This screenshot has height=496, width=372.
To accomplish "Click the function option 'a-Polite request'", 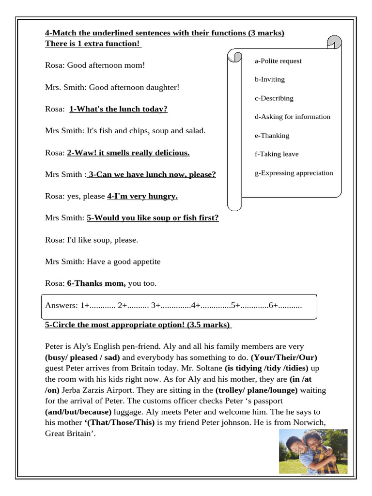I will click(x=278, y=61).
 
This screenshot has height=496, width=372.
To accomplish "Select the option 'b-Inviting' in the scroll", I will click(x=270, y=79).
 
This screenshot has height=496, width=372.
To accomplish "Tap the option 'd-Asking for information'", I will click(x=293, y=117).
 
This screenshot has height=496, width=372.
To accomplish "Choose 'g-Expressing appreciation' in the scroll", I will click(x=294, y=173).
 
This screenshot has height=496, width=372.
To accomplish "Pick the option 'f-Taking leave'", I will click(x=277, y=154).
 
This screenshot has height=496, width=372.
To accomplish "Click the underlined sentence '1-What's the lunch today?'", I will click(x=118, y=109).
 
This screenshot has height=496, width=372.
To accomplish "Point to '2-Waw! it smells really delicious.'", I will click(x=128, y=153).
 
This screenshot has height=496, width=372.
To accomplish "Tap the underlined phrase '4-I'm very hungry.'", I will click(x=142, y=196).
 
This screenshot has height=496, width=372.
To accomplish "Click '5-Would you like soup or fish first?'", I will click(x=153, y=218).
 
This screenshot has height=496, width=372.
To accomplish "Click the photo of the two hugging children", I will click(x=313, y=451).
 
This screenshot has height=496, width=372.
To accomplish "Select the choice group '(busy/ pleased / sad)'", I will click(x=82, y=357).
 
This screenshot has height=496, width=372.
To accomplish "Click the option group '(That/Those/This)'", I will click(x=120, y=422).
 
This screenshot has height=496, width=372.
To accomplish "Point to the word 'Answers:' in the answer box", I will click(x=61, y=305).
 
